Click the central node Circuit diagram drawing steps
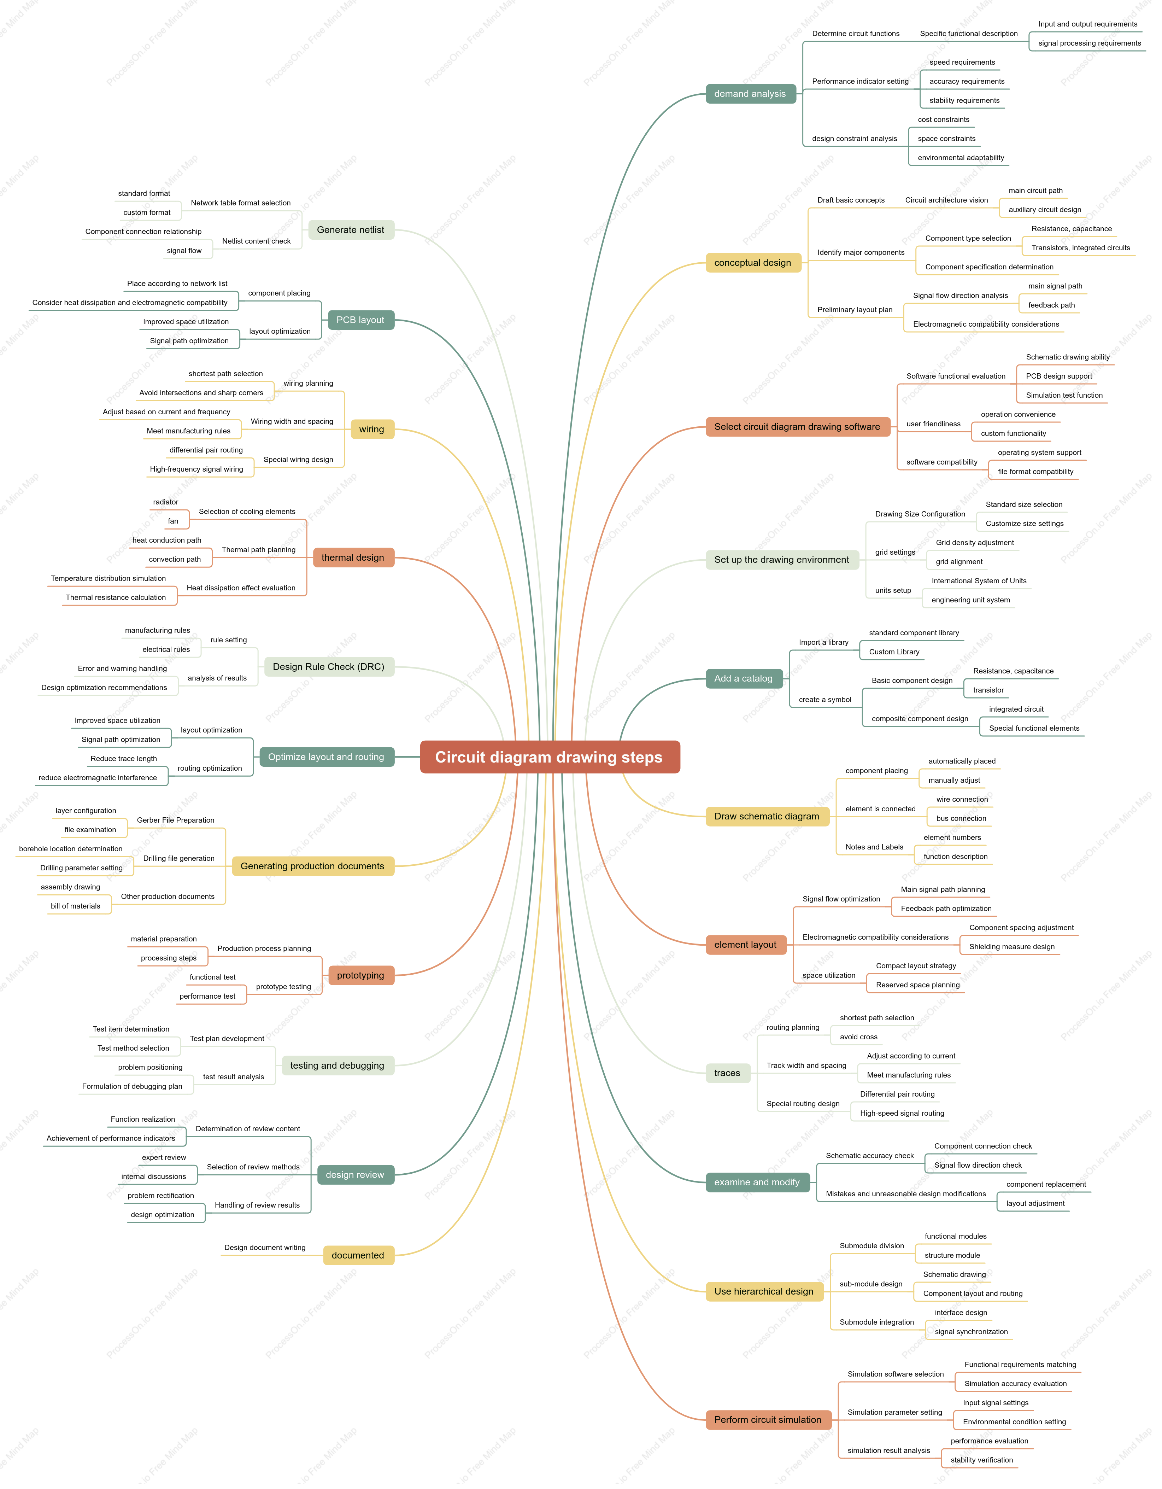pyautogui.click(x=549, y=757)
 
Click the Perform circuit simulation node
pyautogui.click(x=768, y=1419)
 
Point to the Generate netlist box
pyautogui.click(x=351, y=230)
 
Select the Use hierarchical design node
pyautogui.click(x=764, y=1291)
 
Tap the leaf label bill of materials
pyautogui.click(x=76, y=906)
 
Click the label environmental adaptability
pyautogui.click(x=961, y=158)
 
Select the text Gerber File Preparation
pyautogui.click(x=176, y=820)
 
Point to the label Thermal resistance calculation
pyautogui.click(x=116, y=597)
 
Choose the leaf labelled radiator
pyautogui.click(x=166, y=502)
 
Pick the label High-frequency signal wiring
pyautogui.click(x=197, y=469)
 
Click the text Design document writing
pyautogui.click(x=265, y=1248)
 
